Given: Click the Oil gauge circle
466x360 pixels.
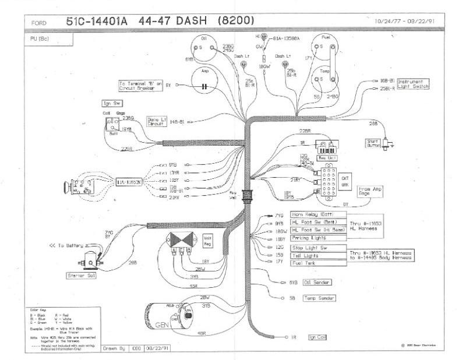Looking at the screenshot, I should pos(204,47).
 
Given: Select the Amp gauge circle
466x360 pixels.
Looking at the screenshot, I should pos(204,79).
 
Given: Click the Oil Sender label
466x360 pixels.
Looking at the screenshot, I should pos(317,283).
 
